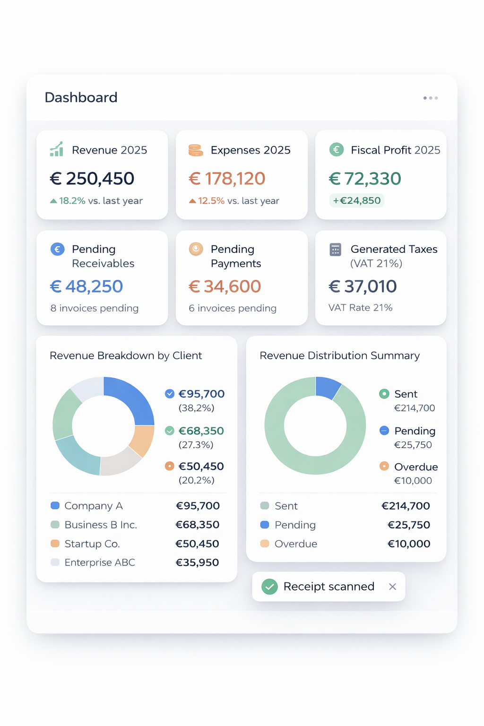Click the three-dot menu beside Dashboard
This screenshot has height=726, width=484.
tap(431, 98)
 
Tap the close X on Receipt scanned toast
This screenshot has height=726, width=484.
tap(392, 587)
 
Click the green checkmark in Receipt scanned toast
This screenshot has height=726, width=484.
tap(269, 587)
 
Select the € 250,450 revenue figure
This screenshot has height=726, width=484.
tap(92, 179)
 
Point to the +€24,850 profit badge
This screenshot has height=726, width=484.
tap(357, 200)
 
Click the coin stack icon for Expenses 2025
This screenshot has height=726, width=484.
tap(196, 150)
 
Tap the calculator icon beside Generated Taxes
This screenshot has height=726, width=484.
tap(335, 250)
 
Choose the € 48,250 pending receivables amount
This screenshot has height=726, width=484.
tap(86, 286)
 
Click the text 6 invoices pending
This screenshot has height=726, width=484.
tap(233, 308)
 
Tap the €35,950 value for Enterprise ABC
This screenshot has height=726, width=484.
tap(197, 562)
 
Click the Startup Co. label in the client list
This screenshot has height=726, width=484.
tap(92, 544)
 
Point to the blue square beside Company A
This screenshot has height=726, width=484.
tap(55, 506)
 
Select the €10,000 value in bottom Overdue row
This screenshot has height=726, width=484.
tap(409, 544)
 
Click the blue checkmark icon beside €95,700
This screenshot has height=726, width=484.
tap(170, 394)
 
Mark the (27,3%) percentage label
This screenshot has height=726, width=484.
tap(196, 445)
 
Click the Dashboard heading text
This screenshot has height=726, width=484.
tap(81, 97)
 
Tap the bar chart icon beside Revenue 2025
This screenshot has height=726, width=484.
tap(57, 149)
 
